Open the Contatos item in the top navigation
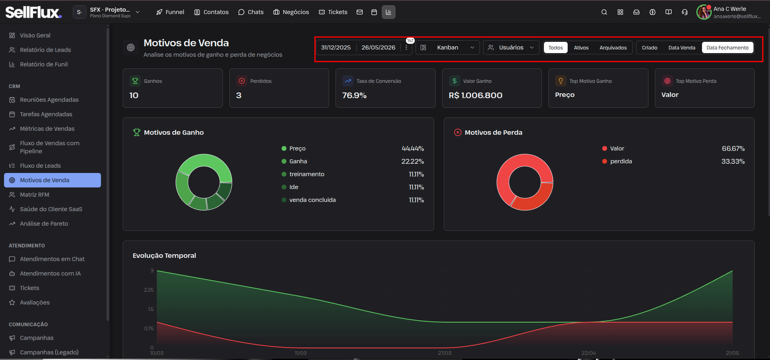[211, 12]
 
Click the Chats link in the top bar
[251, 12]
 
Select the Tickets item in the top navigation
[333, 12]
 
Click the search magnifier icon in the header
[604, 12]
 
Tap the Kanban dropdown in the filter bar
[447, 47]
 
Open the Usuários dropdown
[511, 47]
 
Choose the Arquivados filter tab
[613, 47]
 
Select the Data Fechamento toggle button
[727, 47]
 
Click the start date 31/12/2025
[336, 47]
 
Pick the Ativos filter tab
[581, 47]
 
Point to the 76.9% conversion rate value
[354, 95]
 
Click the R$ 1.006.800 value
[476, 95]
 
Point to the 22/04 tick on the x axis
[589, 353]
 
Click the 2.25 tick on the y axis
[149, 290]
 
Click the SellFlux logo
[34, 12]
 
